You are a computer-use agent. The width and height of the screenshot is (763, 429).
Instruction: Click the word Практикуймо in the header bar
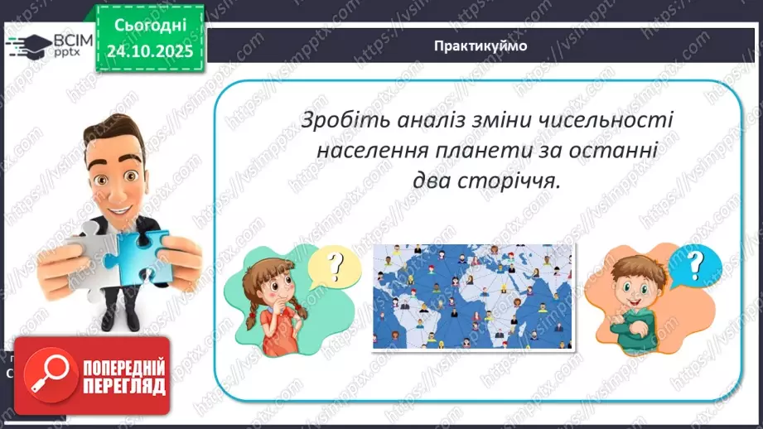click(480, 46)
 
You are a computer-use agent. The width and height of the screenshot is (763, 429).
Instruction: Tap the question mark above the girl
click(336, 267)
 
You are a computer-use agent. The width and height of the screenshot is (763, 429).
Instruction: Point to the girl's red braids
click(251, 319)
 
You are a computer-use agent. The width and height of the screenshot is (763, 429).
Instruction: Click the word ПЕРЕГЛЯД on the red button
click(124, 386)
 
